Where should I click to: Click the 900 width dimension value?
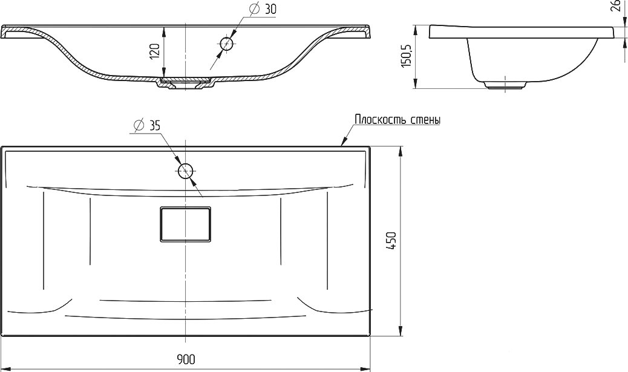pos(186,359)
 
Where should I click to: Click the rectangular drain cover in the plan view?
pos(186,224)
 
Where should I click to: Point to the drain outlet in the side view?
pos(505,84)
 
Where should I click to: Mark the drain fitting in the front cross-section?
pos(186,83)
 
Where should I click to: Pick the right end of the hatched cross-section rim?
pos(370,32)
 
